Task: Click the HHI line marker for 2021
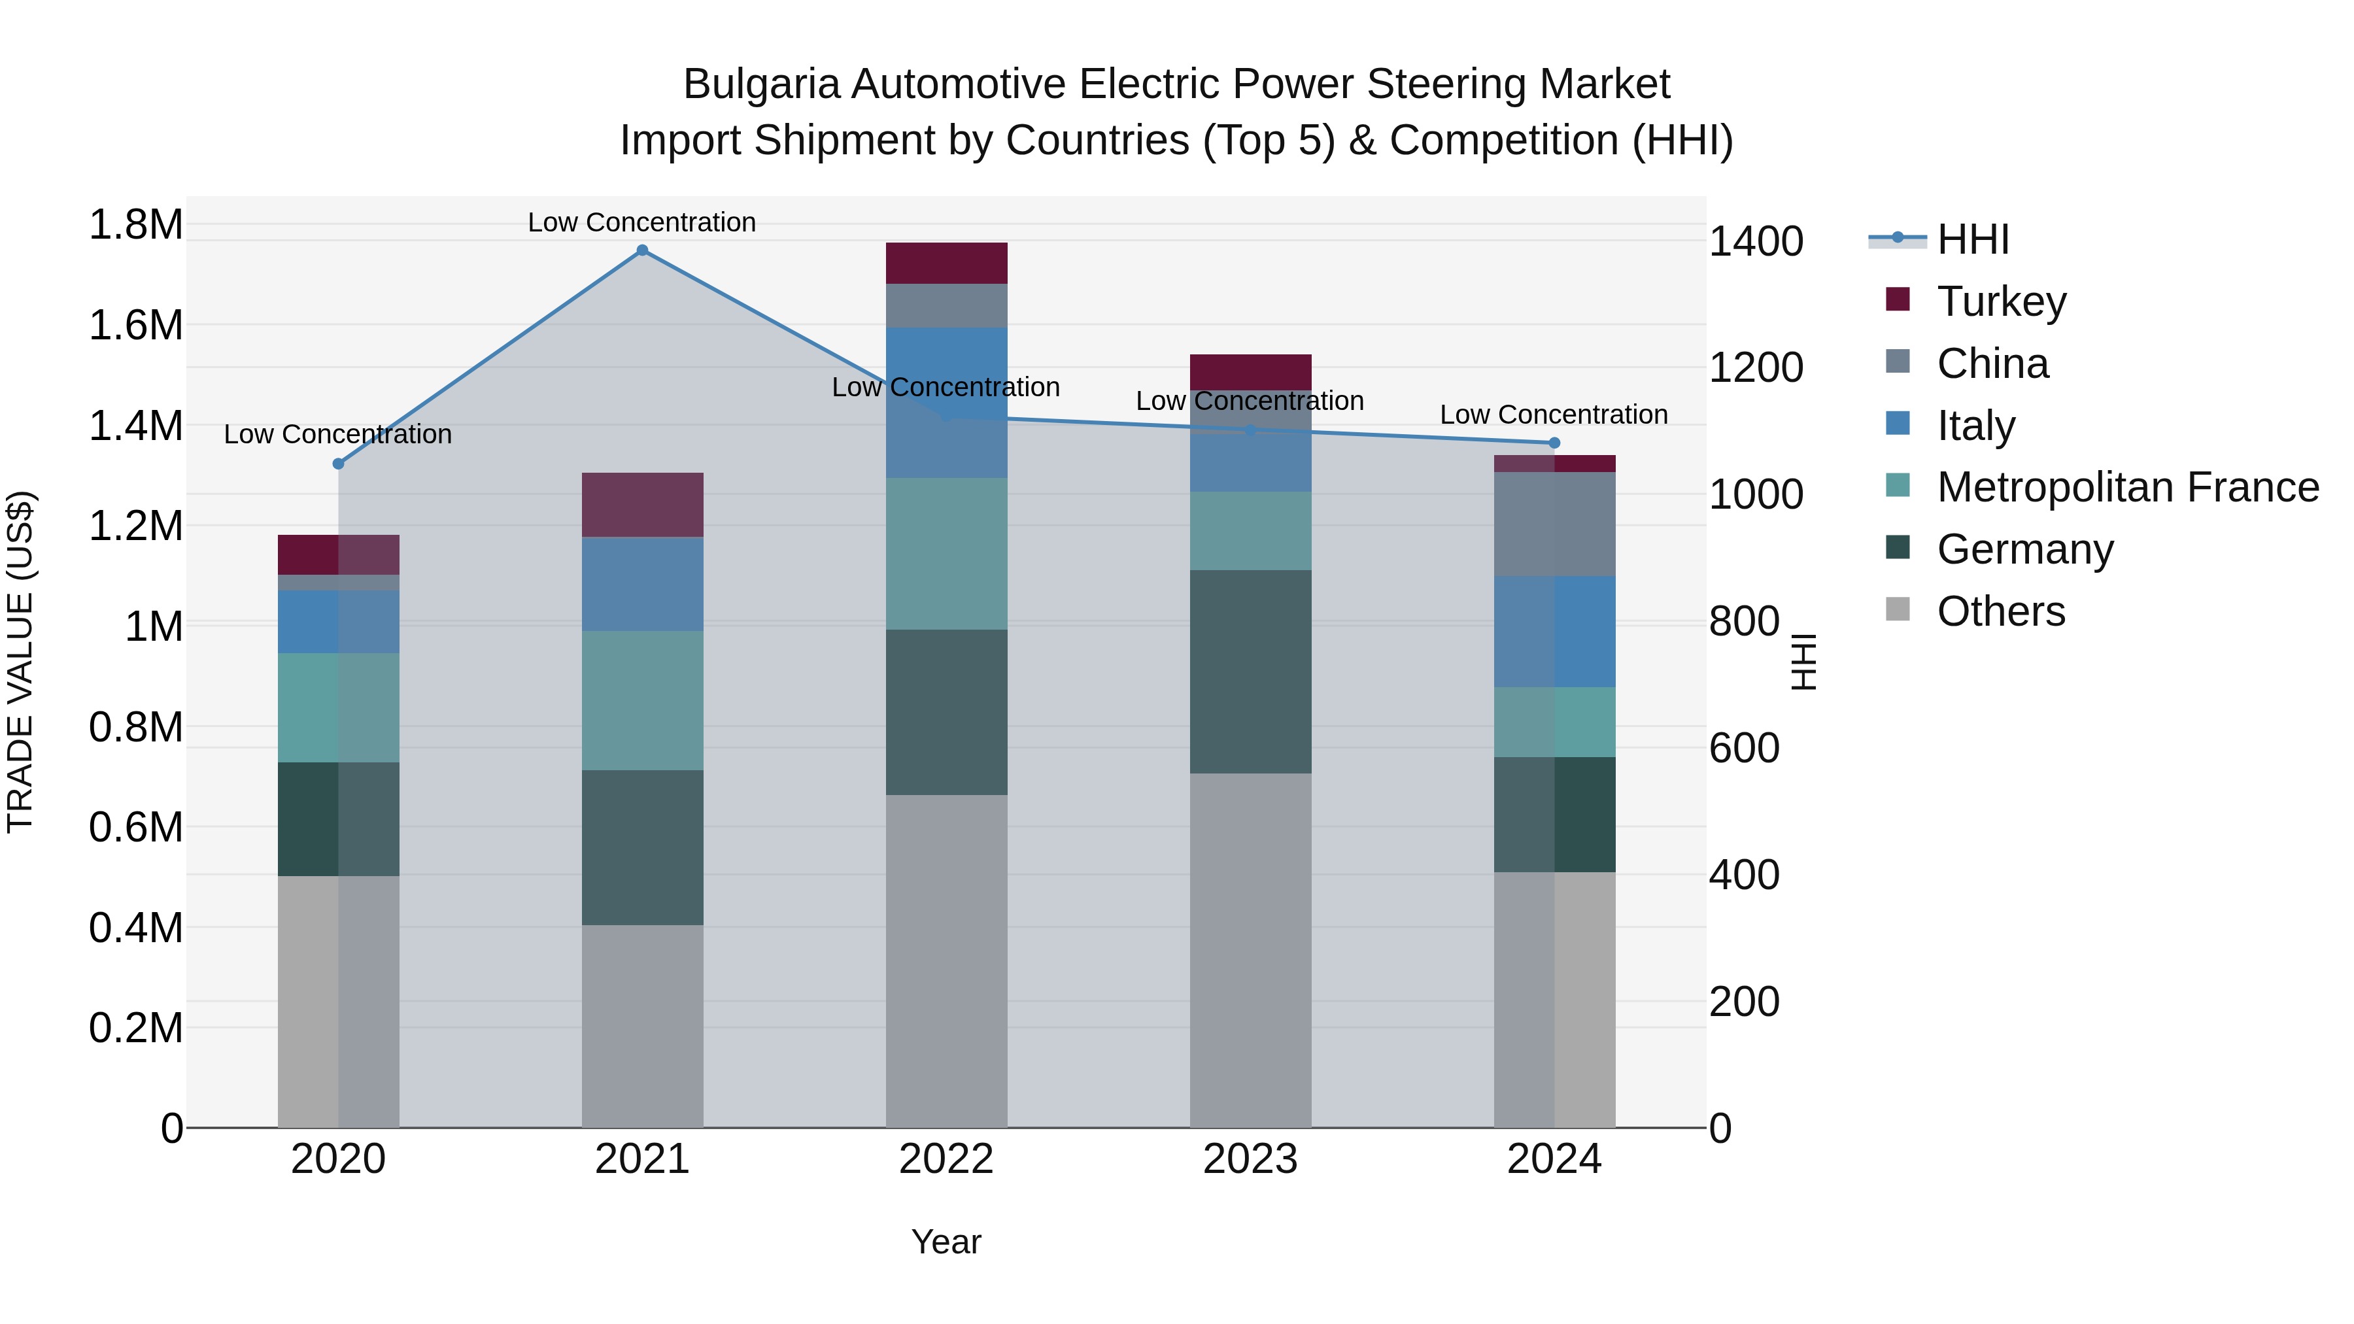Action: click(x=642, y=250)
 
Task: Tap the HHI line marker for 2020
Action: click(x=338, y=464)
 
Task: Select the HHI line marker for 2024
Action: click(x=1554, y=443)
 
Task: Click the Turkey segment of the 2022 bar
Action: click(x=947, y=263)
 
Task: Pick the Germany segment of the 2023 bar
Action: click(x=1250, y=671)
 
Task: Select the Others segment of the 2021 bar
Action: click(x=642, y=1025)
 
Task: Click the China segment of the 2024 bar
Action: click(x=1554, y=524)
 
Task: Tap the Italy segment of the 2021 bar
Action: click(x=642, y=584)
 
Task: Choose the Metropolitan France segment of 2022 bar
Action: click(x=947, y=554)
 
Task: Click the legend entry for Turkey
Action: click(x=2000, y=301)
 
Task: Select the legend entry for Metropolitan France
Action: click(x=2126, y=487)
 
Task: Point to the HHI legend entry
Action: click(x=1972, y=239)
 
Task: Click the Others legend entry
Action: click(x=2000, y=611)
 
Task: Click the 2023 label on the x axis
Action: click(x=1250, y=1159)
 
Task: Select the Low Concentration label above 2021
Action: click(x=641, y=222)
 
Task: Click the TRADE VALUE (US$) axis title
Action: click(x=21, y=662)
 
